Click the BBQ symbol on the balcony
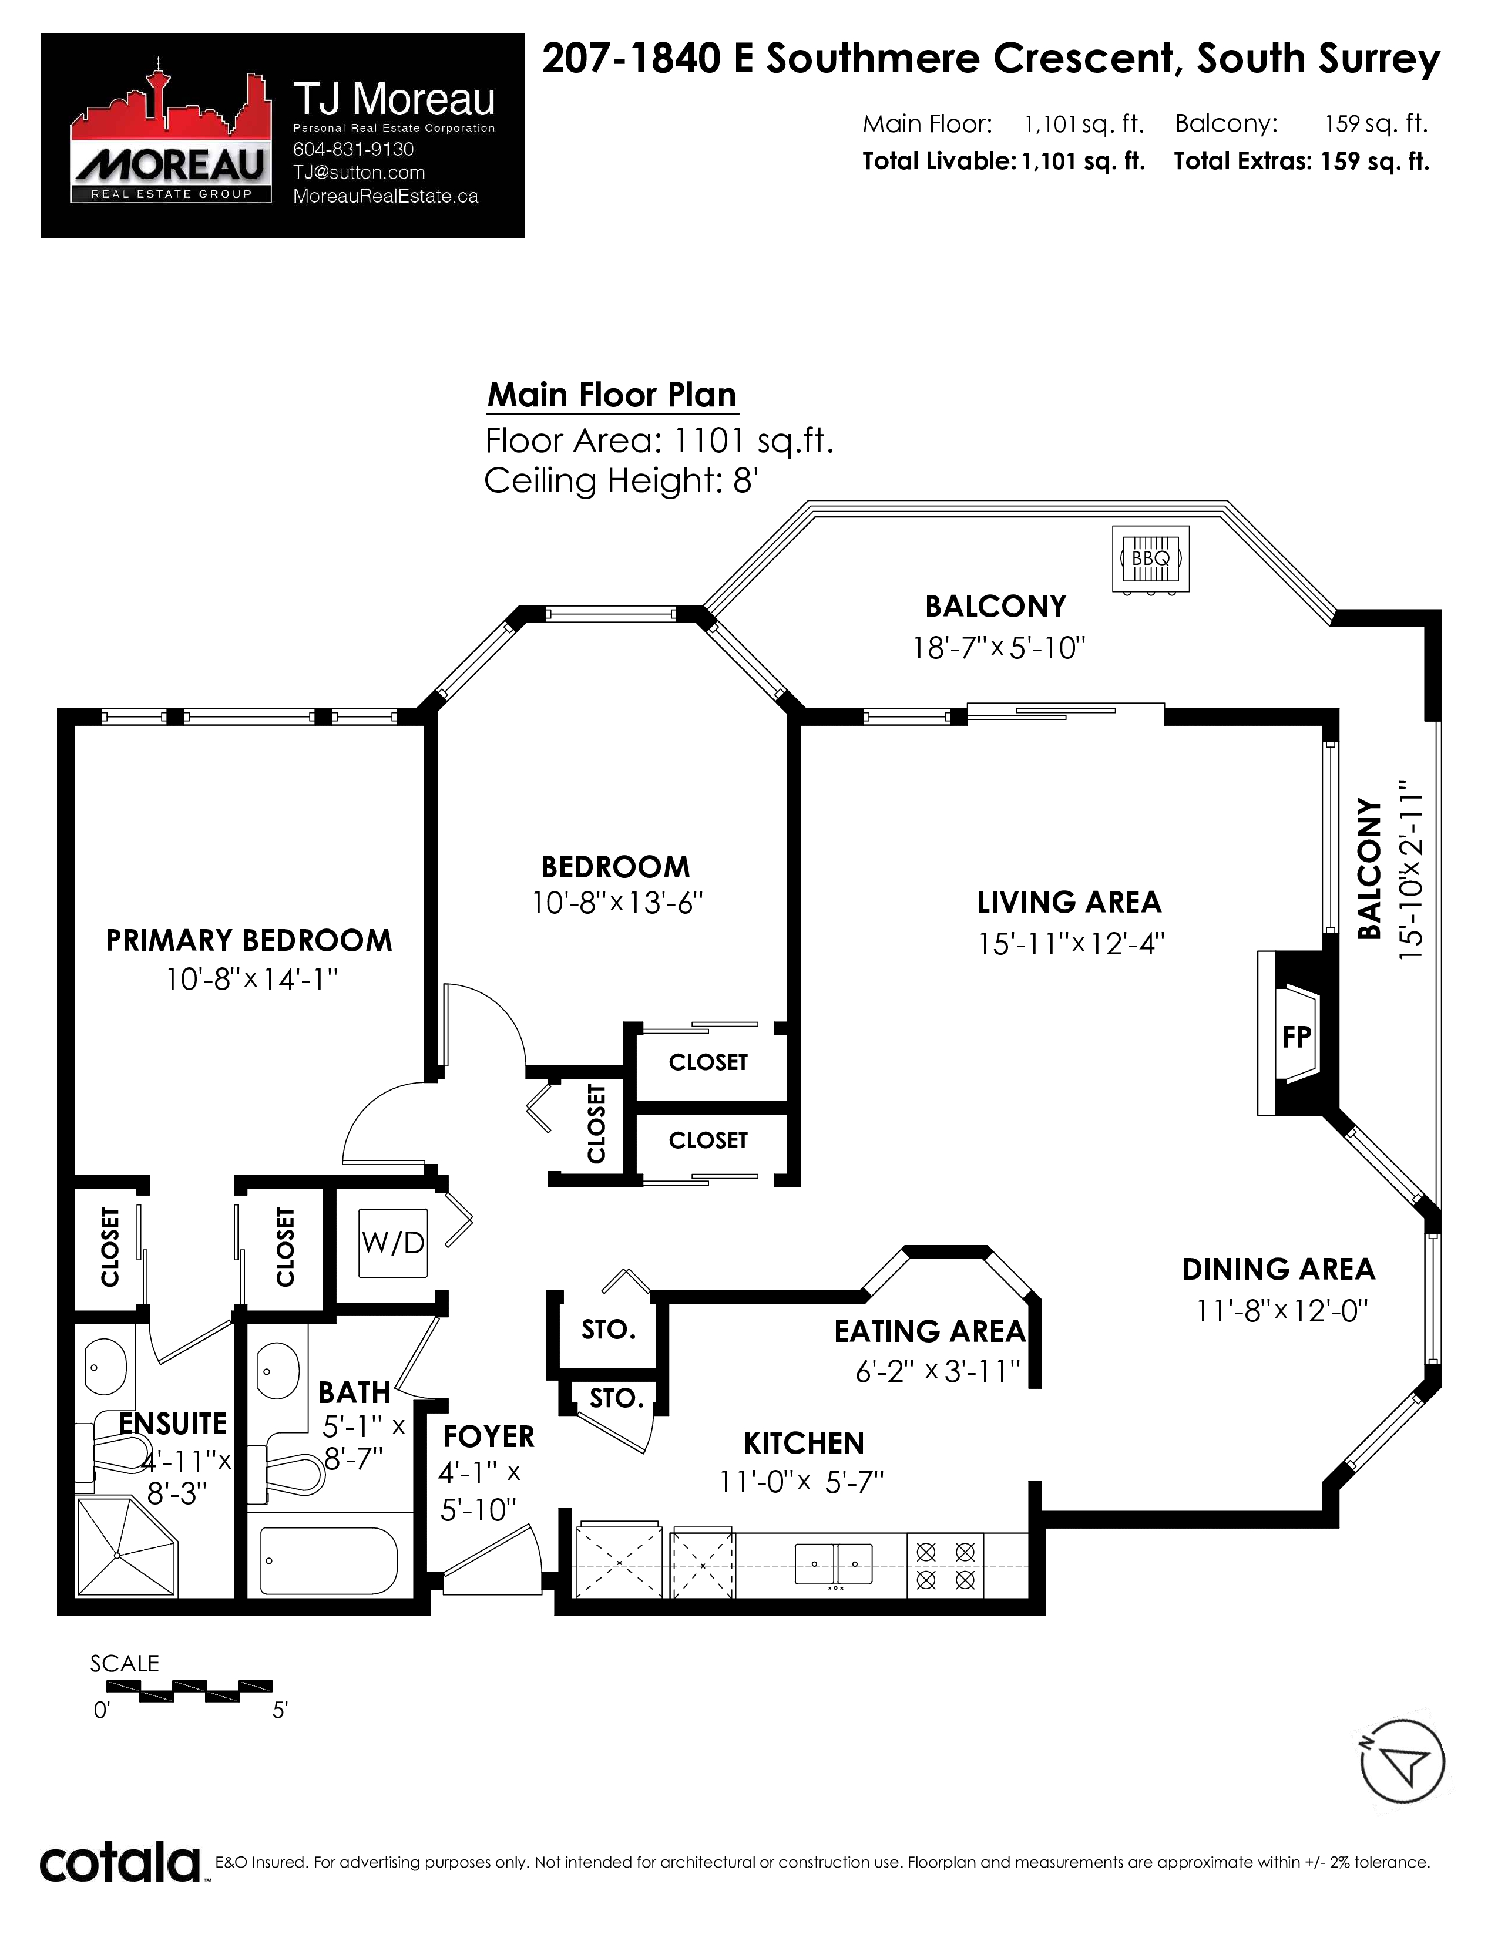click(1150, 558)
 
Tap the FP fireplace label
click(1297, 1037)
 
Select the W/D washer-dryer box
click(393, 1243)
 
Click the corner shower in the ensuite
click(126, 1547)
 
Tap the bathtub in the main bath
click(328, 1562)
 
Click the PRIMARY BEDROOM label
click(248, 941)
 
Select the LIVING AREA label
click(1069, 903)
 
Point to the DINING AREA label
click(1279, 1270)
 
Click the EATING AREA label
click(929, 1332)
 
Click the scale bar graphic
click(189, 1691)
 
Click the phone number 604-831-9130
click(353, 149)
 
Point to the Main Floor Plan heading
click(612, 395)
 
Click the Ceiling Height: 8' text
click(620, 481)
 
